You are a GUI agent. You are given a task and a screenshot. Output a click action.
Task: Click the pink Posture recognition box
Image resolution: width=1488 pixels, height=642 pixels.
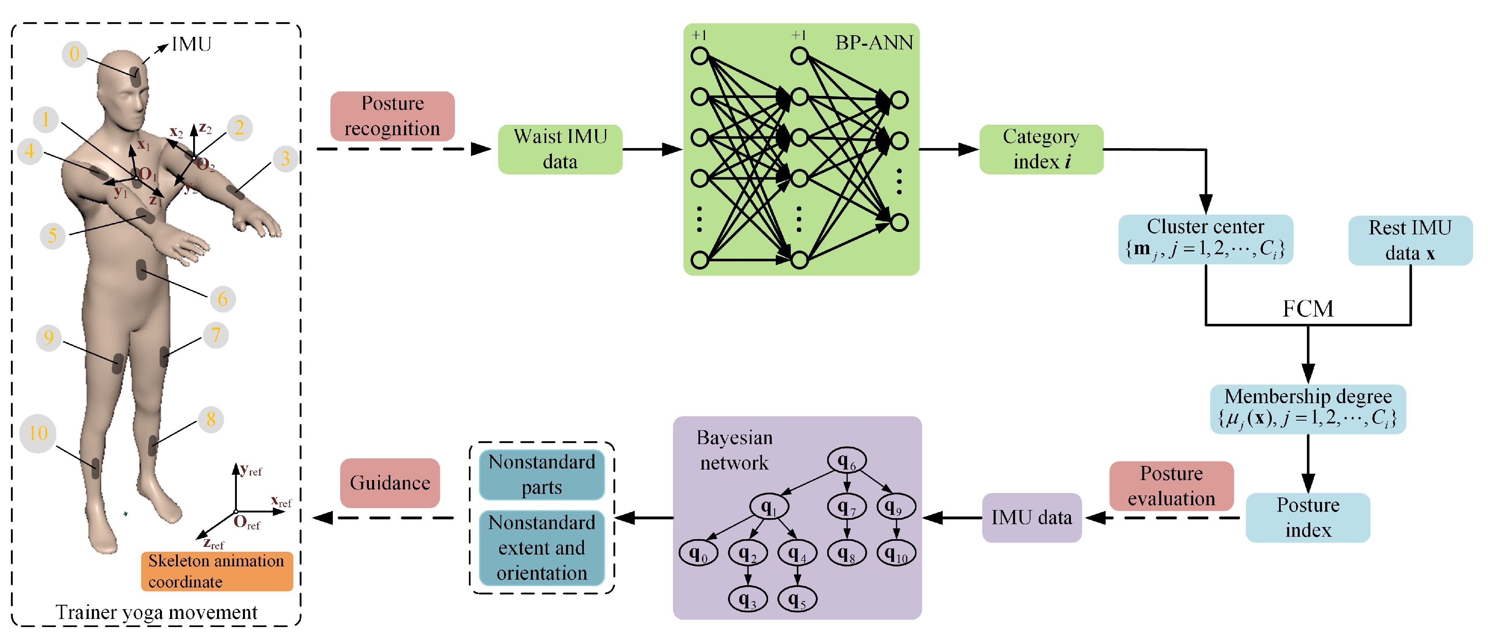[x=392, y=115]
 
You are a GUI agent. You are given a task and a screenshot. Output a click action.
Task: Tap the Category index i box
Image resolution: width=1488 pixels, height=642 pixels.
[x=1041, y=149]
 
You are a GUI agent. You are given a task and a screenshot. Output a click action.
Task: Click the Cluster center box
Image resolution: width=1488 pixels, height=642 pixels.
[x=1205, y=239]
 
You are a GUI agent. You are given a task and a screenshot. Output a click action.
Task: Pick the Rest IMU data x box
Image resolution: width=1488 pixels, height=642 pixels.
[x=1409, y=240]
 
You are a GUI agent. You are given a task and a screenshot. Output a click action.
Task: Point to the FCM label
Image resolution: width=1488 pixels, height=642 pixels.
[x=1308, y=309]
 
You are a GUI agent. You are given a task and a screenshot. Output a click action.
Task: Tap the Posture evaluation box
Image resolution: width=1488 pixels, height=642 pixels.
[x=1171, y=485]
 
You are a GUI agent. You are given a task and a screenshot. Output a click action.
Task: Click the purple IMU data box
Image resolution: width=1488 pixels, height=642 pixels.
[x=1031, y=517]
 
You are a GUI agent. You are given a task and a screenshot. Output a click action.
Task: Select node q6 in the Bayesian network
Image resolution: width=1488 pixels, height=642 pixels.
[x=846, y=461]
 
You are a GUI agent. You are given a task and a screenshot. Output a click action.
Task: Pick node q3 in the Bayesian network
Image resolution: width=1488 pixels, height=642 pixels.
[x=747, y=599]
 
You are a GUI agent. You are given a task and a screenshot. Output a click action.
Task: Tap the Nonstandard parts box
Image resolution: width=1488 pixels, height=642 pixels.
[x=541, y=474]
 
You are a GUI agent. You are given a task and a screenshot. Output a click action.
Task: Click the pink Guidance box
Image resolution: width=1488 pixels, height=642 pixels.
[x=390, y=483]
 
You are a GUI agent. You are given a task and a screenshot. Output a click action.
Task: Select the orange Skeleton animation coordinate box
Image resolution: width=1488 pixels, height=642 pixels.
[x=217, y=571]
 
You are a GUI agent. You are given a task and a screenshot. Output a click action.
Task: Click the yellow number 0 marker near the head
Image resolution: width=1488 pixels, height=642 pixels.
[x=75, y=54]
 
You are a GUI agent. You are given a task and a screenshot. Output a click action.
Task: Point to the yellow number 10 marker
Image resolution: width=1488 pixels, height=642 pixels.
[x=38, y=433]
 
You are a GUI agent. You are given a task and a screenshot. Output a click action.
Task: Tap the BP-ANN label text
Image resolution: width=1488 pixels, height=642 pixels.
[x=873, y=43]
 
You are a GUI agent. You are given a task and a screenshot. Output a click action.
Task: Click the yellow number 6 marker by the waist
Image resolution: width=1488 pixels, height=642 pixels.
[x=222, y=299]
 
